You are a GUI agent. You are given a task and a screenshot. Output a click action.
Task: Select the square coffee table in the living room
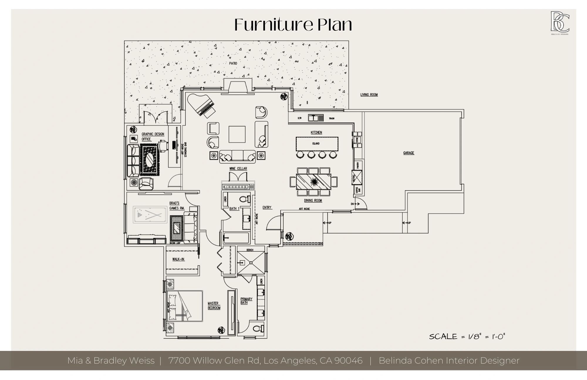[x=237, y=134]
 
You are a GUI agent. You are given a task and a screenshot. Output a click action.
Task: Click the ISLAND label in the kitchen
[x=316, y=144]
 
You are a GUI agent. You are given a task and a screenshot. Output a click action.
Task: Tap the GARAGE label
[x=409, y=153]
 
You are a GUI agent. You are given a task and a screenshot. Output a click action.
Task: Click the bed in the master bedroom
[x=185, y=306]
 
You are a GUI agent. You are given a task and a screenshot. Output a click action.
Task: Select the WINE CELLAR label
[x=238, y=169]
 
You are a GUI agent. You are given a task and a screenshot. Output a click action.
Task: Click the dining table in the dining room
[x=313, y=182]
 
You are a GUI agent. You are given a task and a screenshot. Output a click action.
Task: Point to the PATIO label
[x=233, y=63]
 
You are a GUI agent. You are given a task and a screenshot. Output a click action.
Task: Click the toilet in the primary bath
[x=257, y=328]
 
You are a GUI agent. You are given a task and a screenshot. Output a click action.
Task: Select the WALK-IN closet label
[x=178, y=259]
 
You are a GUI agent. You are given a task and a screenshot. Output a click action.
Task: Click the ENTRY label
[x=267, y=208]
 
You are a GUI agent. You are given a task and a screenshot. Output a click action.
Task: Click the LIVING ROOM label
[x=369, y=95]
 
